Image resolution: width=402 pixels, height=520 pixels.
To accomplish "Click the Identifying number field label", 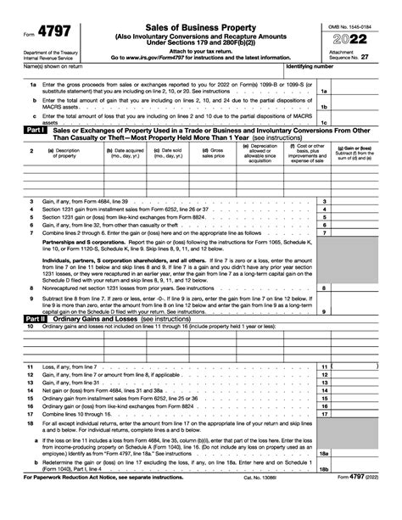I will pos(310,64).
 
